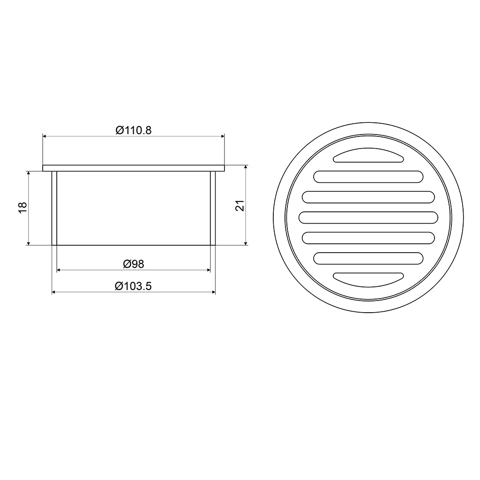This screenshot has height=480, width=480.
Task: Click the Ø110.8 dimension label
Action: pos(134,130)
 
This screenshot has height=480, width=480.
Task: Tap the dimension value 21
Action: pos(240,205)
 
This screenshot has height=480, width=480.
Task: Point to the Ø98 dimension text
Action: pos(134,264)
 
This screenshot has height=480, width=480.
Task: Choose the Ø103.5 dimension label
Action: pos(134,286)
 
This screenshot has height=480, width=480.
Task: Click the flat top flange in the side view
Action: pos(134,168)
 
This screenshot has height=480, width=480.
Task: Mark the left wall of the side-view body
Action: pos(54,208)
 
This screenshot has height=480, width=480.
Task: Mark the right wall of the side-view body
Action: pos(213,208)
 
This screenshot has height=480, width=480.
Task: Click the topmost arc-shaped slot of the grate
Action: pos(368,156)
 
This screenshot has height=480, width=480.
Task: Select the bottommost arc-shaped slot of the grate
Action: pos(368,278)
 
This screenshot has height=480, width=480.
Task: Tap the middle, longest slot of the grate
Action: pos(368,217)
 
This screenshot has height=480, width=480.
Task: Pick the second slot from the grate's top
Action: pos(368,177)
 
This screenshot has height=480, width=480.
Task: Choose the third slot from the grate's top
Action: pos(368,197)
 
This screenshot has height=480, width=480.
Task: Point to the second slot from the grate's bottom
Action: pos(368,258)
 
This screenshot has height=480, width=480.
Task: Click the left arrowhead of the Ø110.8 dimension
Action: pos(45,136)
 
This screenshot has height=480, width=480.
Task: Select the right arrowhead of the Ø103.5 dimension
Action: pos(213,292)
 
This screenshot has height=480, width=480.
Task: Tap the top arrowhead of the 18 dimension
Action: pos(29,173)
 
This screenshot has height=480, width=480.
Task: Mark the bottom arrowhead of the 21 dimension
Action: pos(246,242)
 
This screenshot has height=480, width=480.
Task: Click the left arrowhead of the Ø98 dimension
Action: pos(59,270)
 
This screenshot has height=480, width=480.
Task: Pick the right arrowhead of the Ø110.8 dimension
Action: pos(223,136)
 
